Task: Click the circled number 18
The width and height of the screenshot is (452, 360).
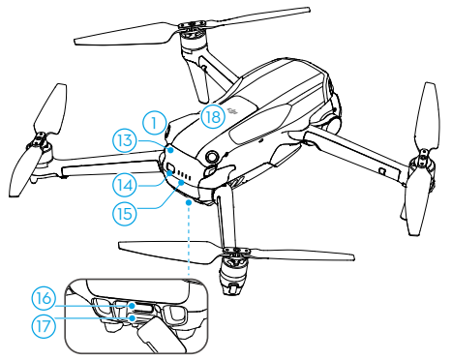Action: [x=215, y=117]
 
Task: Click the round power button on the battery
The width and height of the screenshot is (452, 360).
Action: [x=211, y=157]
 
